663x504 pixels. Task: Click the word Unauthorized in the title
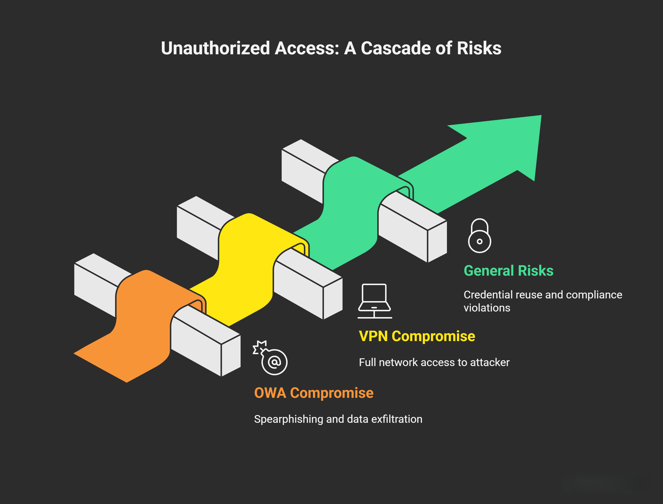point(216,48)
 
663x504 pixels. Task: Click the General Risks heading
point(509,271)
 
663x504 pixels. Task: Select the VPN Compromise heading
point(417,336)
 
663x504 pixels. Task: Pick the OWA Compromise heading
point(314,393)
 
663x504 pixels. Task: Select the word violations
point(487,308)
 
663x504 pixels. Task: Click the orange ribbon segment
point(141,324)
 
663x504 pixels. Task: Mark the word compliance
point(594,295)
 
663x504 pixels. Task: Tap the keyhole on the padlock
point(480,241)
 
